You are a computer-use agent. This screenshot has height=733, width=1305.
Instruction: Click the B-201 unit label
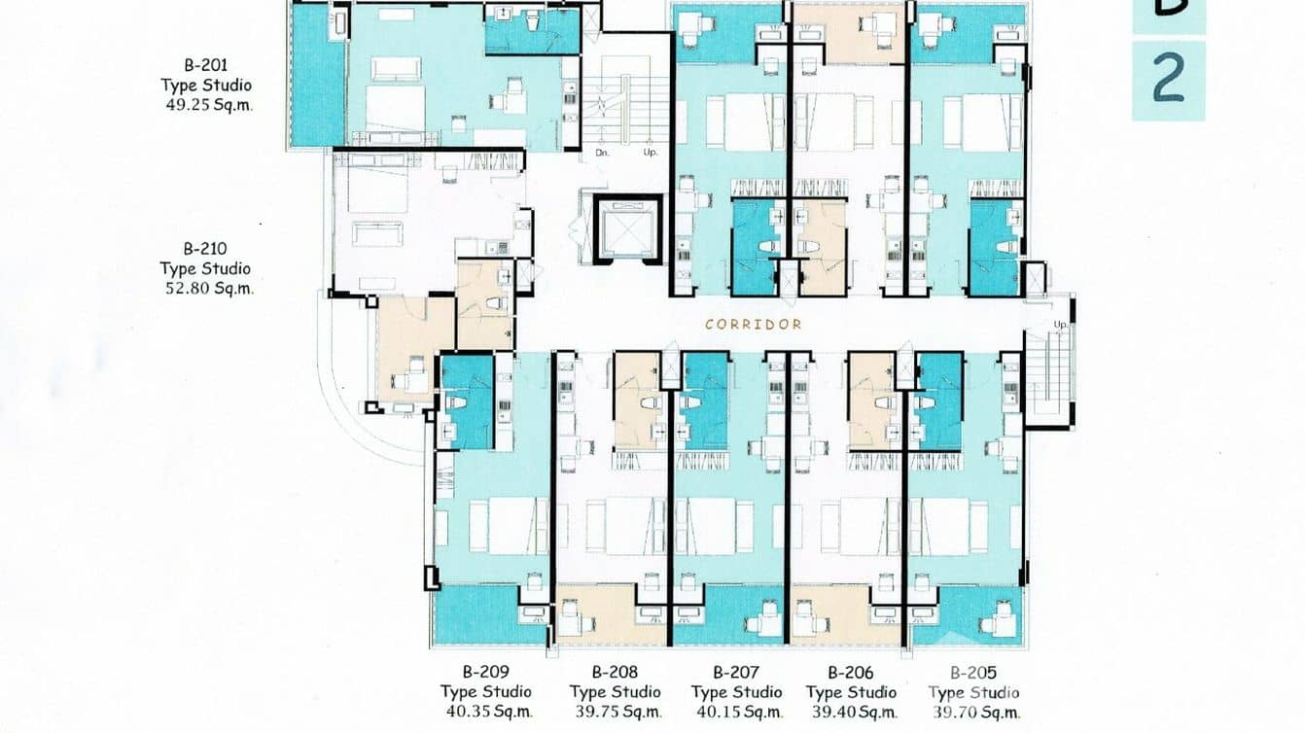206,65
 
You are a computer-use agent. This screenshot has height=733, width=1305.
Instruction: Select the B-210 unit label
205,249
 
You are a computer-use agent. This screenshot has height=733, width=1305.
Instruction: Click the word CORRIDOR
754,324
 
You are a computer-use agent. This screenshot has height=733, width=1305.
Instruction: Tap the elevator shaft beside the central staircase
627,229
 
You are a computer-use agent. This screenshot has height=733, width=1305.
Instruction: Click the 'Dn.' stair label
603,153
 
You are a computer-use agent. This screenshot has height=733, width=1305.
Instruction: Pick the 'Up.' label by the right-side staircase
1059,324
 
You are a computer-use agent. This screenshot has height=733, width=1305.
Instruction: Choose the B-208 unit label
615,672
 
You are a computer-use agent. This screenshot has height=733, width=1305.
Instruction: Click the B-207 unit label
736,672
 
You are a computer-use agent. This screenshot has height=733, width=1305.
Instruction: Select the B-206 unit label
851,672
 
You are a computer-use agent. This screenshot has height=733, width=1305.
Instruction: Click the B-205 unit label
973,672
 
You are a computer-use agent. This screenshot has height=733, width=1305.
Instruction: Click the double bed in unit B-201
395,105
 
